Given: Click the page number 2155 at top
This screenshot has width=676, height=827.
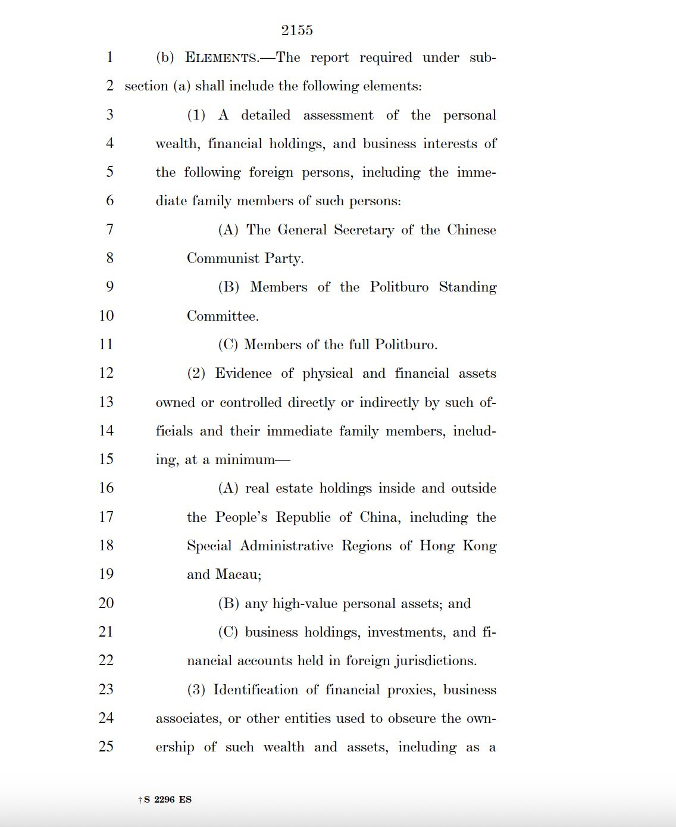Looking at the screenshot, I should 297,30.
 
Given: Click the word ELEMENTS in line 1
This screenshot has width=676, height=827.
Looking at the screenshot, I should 221,58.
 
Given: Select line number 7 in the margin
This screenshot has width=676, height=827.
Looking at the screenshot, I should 109,230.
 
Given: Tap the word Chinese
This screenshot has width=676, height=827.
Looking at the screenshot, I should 471,230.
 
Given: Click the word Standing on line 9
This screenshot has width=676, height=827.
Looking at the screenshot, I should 468,287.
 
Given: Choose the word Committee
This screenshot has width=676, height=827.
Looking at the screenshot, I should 223,316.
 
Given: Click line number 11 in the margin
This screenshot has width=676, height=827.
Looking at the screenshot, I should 106,344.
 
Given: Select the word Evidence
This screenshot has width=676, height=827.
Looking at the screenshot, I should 243,374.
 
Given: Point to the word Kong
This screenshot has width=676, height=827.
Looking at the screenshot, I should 480,546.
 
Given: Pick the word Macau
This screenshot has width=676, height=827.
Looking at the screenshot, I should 238,575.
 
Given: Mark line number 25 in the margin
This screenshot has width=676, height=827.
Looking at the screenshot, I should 106,747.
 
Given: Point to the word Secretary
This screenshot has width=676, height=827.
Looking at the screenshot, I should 364,230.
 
